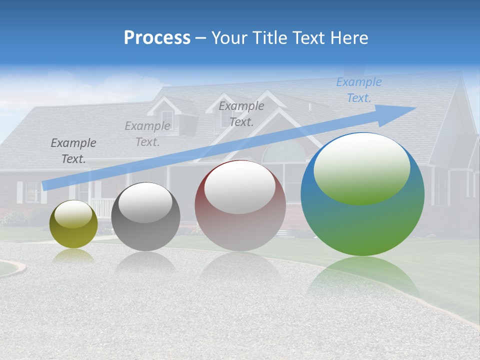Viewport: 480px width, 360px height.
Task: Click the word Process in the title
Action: coord(157,38)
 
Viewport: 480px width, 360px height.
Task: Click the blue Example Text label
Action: coord(358,90)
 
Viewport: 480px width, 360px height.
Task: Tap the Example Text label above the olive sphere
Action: coord(73,151)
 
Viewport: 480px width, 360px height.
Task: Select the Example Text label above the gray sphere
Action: coord(147,134)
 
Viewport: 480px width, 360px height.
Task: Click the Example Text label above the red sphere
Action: coord(241,113)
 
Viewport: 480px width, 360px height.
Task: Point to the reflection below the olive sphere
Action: coord(73,255)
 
